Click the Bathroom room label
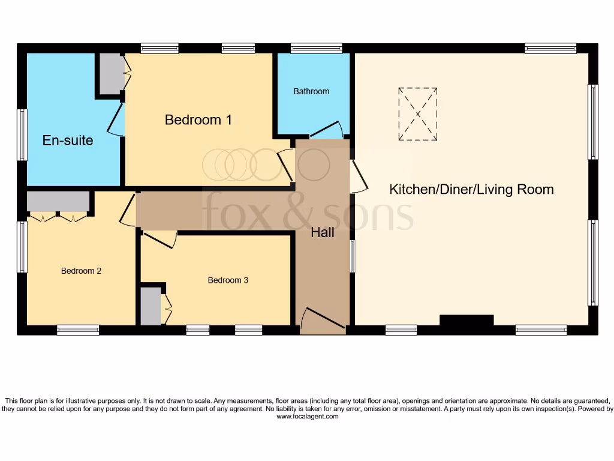coord(311,91)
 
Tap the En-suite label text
coord(68,140)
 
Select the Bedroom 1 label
coord(198,120)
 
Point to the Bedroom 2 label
coord(81,271)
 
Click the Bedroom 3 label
coord(228,280)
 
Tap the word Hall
coord(322,233)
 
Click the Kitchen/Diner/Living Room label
coord(471,190)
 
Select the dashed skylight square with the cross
coord(417,114)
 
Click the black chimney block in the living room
coord(466,321)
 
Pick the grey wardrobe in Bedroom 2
coord(58,202)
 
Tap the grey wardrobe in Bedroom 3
coord(151,306)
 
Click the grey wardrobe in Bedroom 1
coord(110,73)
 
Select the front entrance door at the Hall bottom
coord(323,321)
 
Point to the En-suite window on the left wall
coord(22,135)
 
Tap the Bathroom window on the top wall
coord(316,48)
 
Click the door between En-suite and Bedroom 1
coord(117,119)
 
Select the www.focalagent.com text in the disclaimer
coord(307,417)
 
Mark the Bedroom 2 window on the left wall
coord(22,247)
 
